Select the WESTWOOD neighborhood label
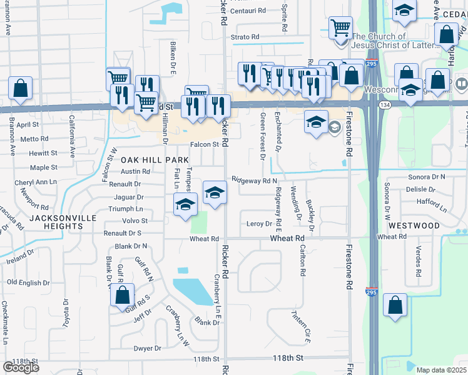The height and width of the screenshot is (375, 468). coord(414,225)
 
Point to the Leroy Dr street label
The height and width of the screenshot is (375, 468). coord(260,224)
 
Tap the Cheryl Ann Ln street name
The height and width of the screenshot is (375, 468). coord(36,182)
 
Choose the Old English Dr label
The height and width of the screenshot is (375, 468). coord(28,282)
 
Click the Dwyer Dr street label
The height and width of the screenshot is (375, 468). coord(147,348)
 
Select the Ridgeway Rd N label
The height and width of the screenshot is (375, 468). coord(254,180)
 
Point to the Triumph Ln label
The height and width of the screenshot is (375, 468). coord(126,209)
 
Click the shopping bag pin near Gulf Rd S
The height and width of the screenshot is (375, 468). coord(123,294)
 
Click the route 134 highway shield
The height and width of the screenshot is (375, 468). coord(384,106)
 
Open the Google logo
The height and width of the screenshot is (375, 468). coord(21,367)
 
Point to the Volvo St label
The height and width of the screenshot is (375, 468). coord(135,221)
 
